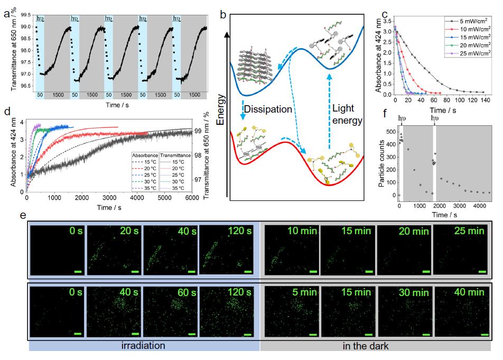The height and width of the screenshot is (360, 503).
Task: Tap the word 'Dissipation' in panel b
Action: coord(268,109)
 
